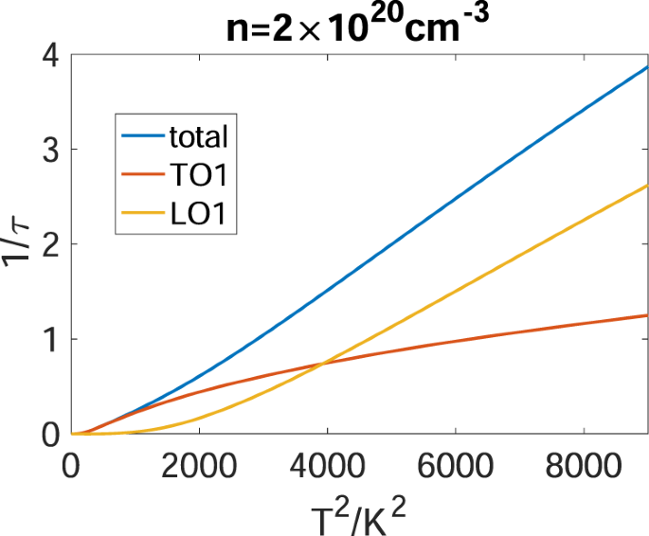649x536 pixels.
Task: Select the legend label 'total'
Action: click(x=198, y=137)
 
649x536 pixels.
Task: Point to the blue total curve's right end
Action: click(x=647, y=67)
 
